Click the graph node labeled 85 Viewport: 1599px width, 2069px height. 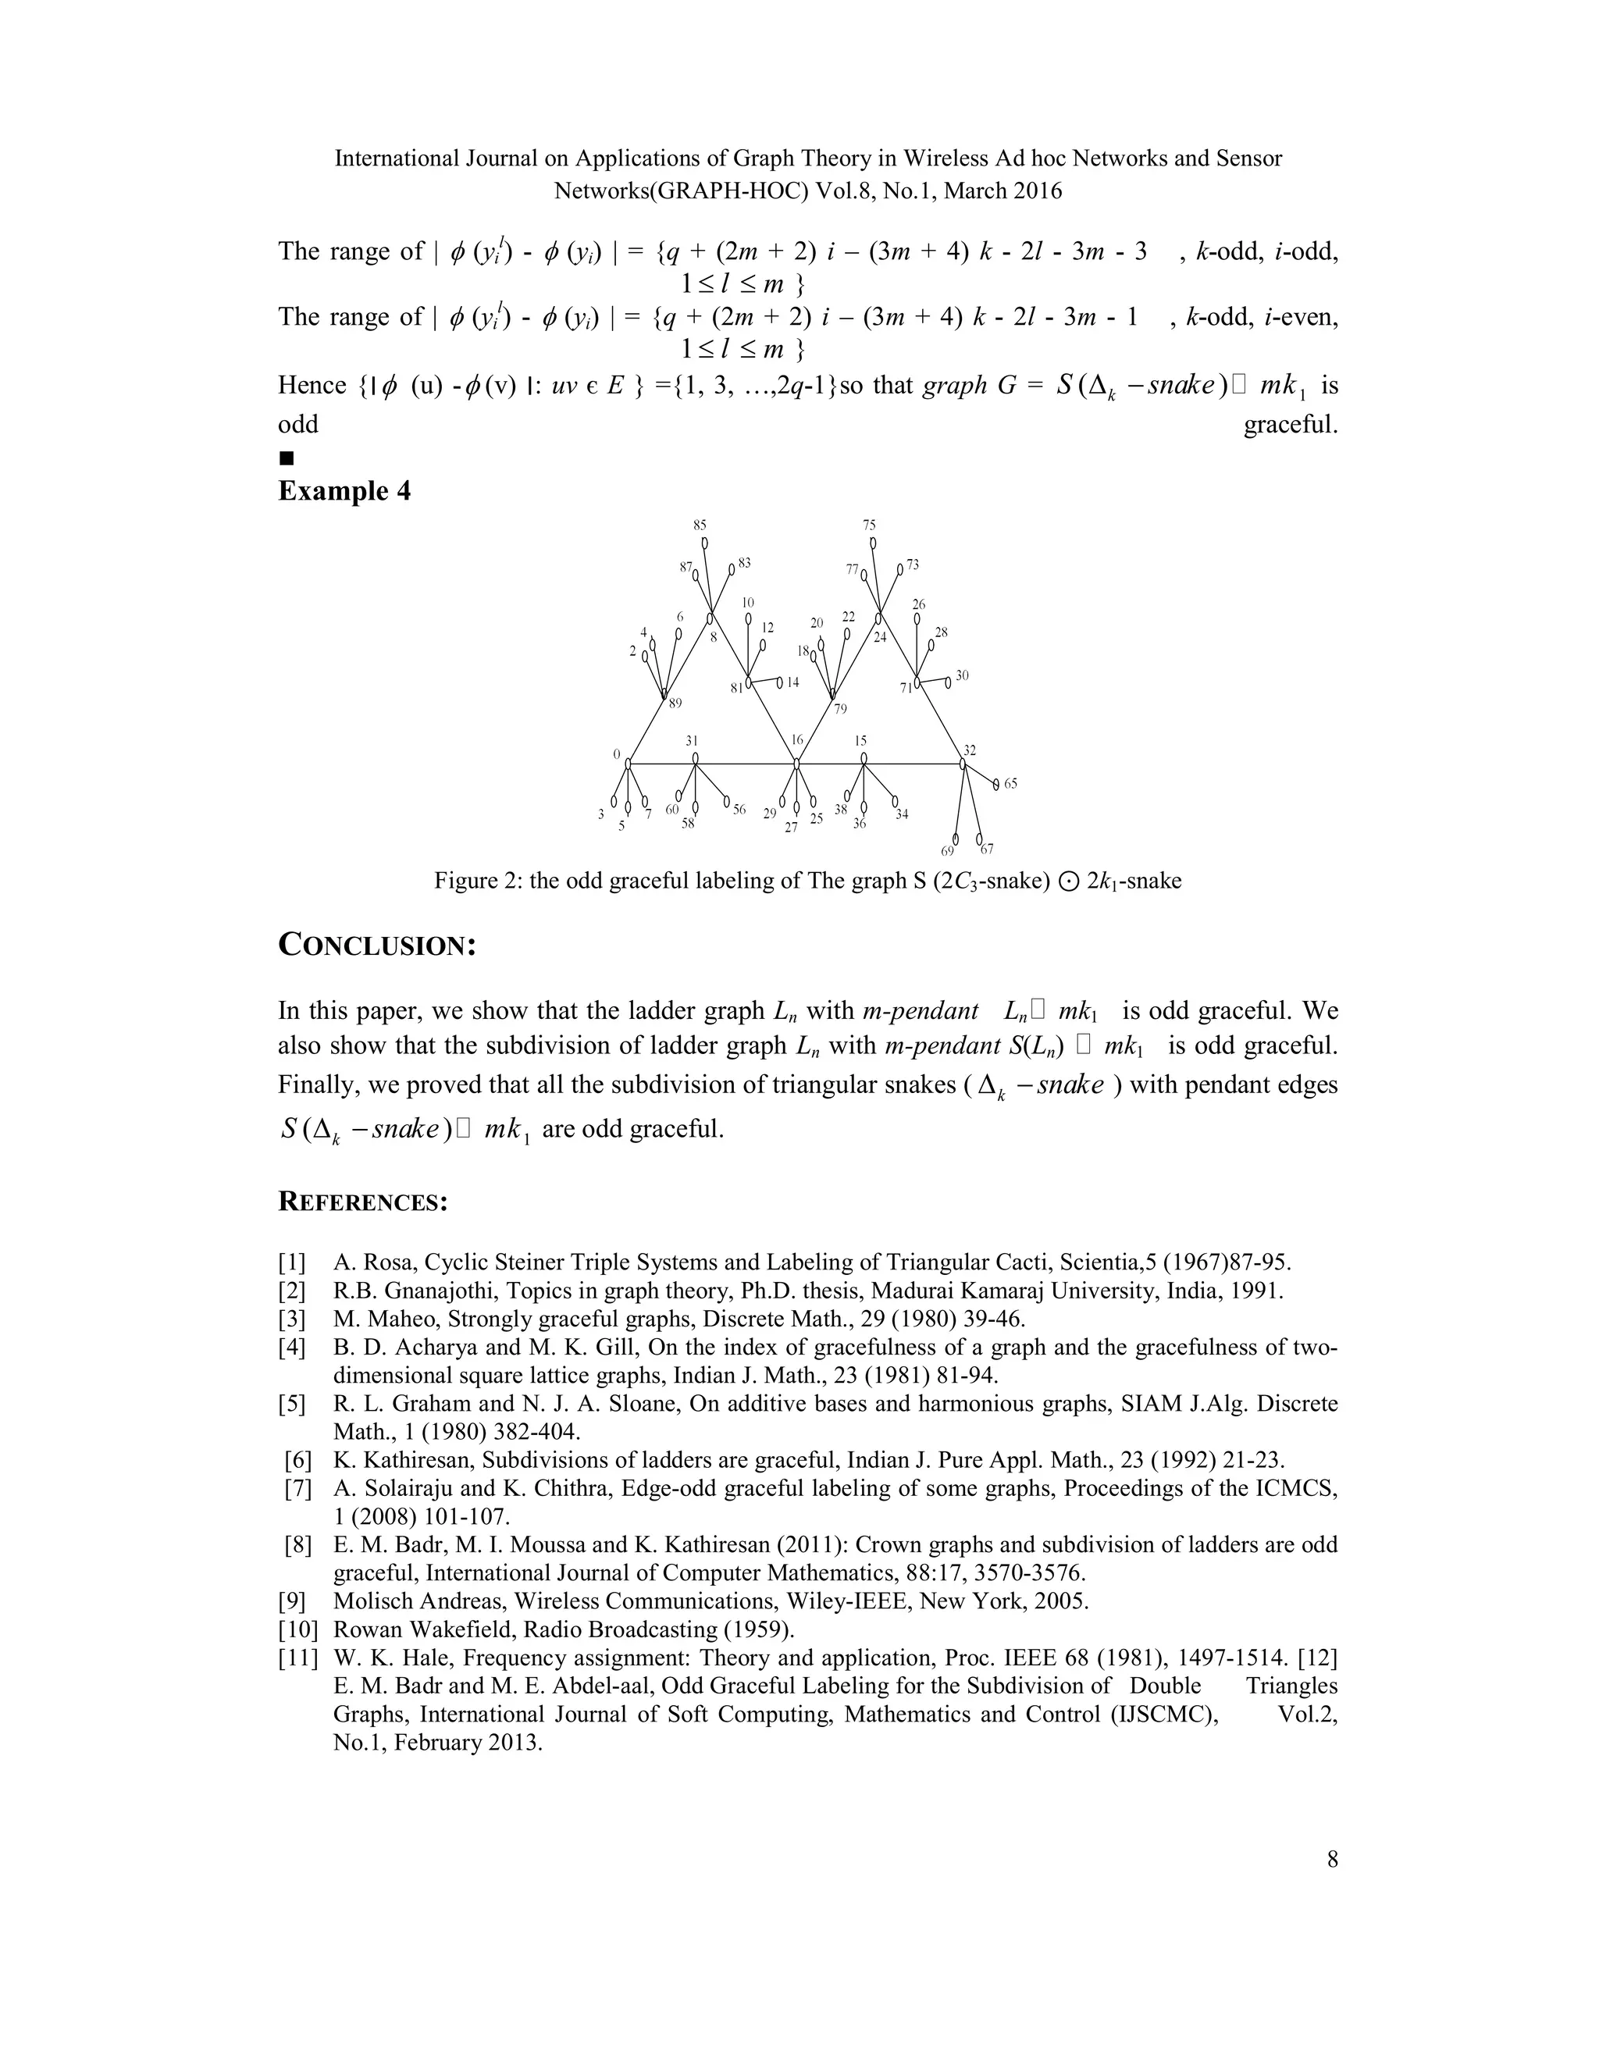[703, 543]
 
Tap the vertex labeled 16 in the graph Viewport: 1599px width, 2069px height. [796, 763]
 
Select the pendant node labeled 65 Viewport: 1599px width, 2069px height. [995, 783]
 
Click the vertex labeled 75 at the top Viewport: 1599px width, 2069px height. [872, 543]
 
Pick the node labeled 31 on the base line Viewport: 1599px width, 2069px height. [696, 759]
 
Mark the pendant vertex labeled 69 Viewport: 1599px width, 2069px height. [956, 839]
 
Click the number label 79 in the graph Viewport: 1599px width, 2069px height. [840, 710]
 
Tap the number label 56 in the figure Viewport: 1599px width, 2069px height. [739, 810]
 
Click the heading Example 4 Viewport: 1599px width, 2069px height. [344, 492]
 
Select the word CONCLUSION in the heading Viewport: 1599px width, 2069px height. [376, 945]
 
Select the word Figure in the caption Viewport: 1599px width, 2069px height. [465, 881]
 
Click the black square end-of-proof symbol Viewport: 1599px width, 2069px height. [287, 458]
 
